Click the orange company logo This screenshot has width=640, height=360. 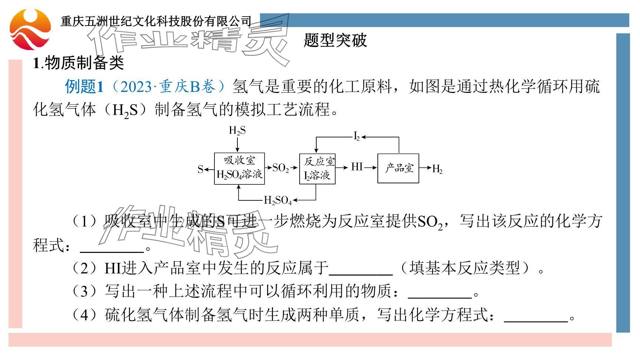[x=30, y=30]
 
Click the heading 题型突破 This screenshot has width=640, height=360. [x=335, y=40]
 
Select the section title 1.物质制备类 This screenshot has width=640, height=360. [x=78, y=63]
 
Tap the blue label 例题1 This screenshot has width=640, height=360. [x=84, y=87]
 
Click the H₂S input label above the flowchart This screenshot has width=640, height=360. [x=237, y=130]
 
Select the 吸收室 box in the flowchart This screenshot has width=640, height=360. [x=239, y=168]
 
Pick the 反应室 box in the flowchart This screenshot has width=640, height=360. [x=317, y=169]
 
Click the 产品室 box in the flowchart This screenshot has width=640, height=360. [x=398, y=168]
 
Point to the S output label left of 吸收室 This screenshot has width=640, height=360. [x=200, y=169]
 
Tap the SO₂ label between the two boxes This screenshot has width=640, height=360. [x=280, y=168]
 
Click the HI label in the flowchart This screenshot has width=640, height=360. [x=357, y=167]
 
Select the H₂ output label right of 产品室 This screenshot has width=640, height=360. [x=437, y=169]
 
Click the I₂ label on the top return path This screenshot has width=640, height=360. [x=357, y=137]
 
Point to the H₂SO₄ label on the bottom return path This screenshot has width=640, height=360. [x=277, y=200]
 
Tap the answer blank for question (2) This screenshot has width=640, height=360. [x=361, y=270]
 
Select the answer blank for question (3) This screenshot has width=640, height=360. [x=440, y=293]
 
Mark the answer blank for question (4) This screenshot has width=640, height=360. [x=536, y=316]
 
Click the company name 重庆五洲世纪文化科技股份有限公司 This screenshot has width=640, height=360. [x=156, y=21]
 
